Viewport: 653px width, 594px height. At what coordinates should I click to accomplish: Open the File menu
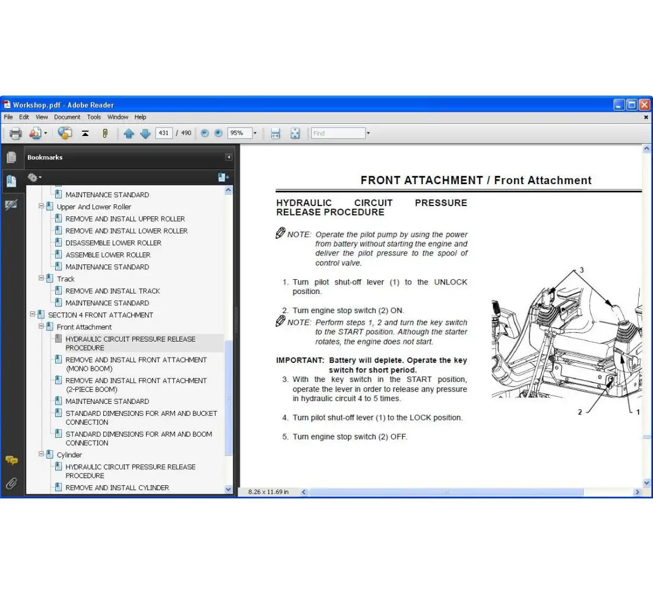pos(8,117)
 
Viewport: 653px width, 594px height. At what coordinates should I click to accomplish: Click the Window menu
pos(118,117)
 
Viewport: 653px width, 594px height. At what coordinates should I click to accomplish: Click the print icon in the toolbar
pos(15,134)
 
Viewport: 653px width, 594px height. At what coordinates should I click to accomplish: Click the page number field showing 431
pos(163,133)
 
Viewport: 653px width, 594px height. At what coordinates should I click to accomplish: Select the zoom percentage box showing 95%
pos(239,133)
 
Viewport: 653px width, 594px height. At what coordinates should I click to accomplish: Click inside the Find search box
pos(338,133)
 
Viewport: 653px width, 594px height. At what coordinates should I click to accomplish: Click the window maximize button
pos(632,105)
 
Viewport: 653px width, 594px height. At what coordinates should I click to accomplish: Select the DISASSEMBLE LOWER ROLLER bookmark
pos(113,243)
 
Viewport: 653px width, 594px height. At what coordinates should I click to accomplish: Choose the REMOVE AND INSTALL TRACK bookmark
pos(113,291)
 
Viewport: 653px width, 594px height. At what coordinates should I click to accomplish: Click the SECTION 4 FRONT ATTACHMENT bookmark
pos(100,315)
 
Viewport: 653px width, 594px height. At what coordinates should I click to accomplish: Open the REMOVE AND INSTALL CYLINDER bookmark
pos(117,488)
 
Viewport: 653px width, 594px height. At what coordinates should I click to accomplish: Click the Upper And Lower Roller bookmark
pos(94,207)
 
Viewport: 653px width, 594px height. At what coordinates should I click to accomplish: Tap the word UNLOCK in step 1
pos(451,282)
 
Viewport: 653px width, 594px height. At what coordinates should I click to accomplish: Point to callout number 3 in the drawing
pos(582,270)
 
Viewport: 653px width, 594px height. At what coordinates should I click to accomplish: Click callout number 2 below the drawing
pos(580,412)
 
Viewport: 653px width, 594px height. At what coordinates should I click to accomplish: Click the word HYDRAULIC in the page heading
pos(304,203)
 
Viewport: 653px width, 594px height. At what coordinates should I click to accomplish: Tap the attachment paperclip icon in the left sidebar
pos(11,484)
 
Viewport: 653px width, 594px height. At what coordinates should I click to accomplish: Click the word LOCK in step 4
pos(420,418)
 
